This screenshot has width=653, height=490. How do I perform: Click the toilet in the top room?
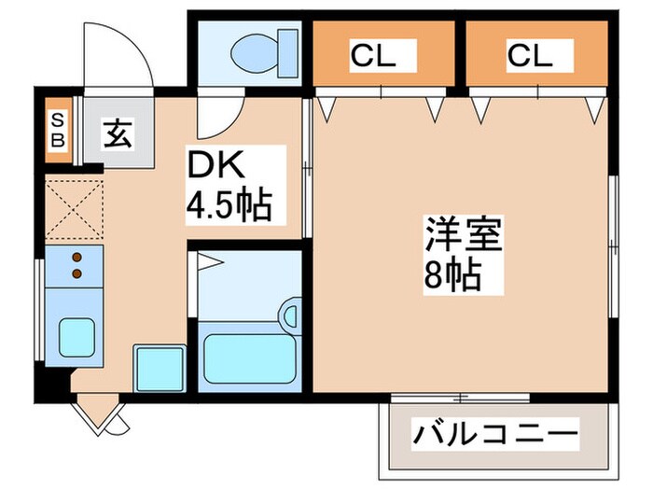coord(262,56)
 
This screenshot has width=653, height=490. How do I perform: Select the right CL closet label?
coord(530,57)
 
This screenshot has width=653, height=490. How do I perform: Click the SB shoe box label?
coord(58,131)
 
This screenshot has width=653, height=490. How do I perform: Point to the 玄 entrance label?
coord(116,133)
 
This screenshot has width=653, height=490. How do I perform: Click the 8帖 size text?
coord(455,275)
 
